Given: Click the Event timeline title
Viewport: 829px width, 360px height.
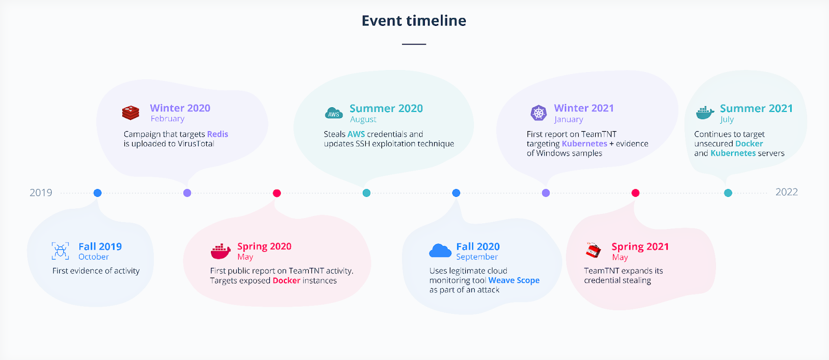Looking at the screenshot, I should pyautogui.click(x=414, y=21).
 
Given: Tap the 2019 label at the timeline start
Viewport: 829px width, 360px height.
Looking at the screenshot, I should pyautogui.click(x=41, y=193).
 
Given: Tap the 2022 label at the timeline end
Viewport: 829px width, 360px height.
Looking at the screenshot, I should pyautogui.click(x=787, y=192).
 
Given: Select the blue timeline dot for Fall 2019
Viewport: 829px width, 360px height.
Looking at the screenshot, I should pyautogui.click(x=97, y=193).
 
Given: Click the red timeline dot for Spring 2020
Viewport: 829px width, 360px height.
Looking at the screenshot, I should pyautogui.click(x=277, y=193).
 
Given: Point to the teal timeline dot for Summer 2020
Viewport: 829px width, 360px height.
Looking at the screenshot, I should pyautogui.click(x=366, y=193).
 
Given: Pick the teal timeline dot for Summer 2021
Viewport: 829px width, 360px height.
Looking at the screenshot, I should pyautogui.click(x=728, y=193).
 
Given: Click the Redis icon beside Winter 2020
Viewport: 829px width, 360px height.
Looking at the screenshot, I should pyautogui.click(x=131, y=112).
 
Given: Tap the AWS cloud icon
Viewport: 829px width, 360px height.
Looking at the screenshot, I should pyautogui.click(x=334, y=113).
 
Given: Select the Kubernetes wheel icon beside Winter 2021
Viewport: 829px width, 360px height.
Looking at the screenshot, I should pyautogui.click(x=539, y=112).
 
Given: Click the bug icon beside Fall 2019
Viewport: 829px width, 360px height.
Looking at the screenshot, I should pyautogui.click(x=60, y=251).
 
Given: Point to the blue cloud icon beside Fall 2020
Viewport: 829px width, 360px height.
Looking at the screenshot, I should pyautogui.click(x=440, y=251).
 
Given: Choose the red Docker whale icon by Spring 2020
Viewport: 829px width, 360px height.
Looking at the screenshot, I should pyautogui.click(x=221, y=251).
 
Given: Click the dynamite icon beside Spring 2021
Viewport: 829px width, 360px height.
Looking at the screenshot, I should pyautogui.click(x=593, y=250).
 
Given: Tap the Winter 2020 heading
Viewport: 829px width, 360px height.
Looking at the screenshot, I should pyautogui.click(x=180, y=108).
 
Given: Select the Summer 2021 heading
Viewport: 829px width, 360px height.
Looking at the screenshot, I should pyautogui.click(x=756, y=108).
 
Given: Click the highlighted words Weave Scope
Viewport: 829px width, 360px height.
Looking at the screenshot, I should pyautogui.click(x=514, y=280).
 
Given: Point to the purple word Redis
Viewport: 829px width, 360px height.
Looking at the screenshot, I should pyautogui.click(x=218, y=134).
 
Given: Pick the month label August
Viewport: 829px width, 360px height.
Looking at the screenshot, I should pyautogui.click(x=363, y=120).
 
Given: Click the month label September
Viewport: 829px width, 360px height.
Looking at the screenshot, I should pyautogui.click(x=477, y=257).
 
